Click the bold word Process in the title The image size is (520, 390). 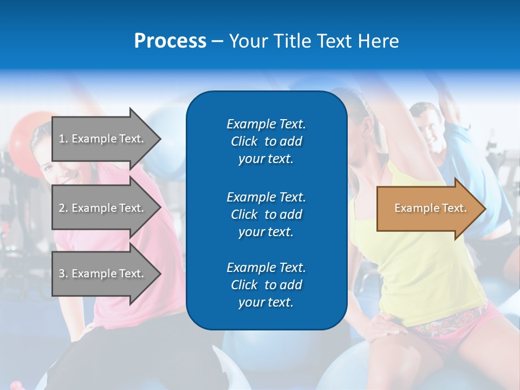tap(170, 41)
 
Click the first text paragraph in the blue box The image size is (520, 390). tap(266, 141)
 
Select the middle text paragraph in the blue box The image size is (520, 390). tap(266, 214)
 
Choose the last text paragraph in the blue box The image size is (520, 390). tap(266, 285)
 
